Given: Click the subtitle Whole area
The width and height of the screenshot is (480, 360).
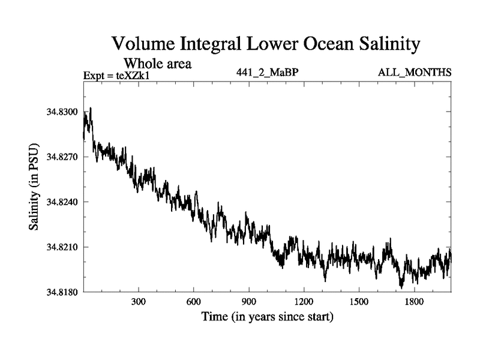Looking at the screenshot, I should point(157,63).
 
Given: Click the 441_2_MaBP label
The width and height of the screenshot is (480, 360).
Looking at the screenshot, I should point(267,73).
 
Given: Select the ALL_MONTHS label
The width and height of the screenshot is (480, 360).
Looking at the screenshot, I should point(415,73).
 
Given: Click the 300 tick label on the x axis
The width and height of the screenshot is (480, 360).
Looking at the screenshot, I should point(139,302).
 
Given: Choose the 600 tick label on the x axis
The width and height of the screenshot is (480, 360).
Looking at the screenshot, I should point(194,302).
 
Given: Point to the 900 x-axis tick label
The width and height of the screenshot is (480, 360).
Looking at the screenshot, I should point(248,302).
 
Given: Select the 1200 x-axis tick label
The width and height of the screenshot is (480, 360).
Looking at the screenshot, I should point(304,302).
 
